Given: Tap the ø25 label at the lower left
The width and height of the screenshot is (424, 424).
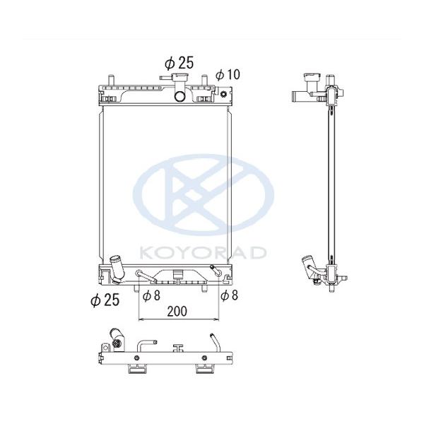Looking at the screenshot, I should tap(104, 300).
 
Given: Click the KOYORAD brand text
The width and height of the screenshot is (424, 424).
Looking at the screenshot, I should tap(204, 252).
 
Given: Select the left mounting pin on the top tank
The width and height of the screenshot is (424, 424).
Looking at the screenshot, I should tap(111, 78).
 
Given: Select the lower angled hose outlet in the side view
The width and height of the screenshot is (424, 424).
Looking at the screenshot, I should tap(308, 268).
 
